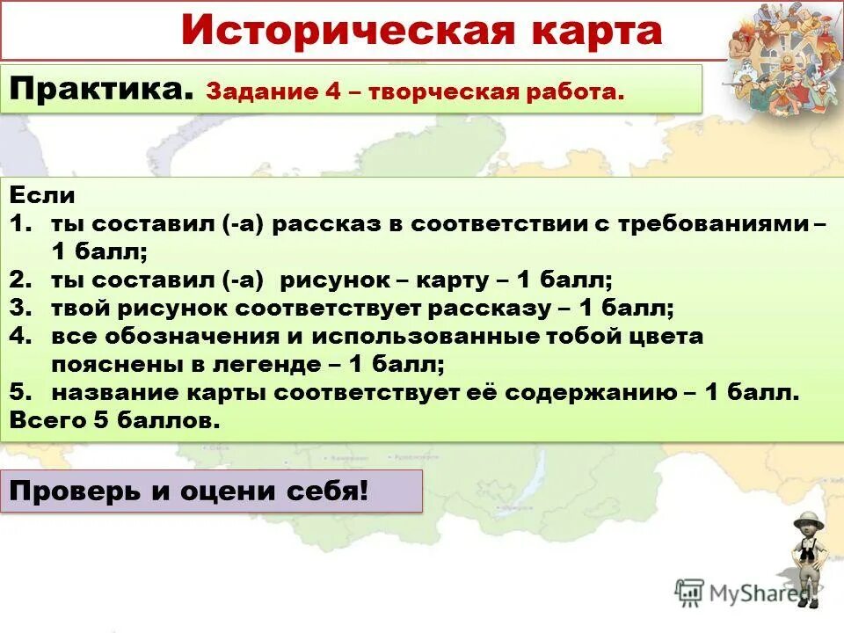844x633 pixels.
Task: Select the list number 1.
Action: click(21, 224)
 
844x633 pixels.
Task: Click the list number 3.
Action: click(21, 308)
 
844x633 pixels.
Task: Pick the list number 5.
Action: click(21, 392)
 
